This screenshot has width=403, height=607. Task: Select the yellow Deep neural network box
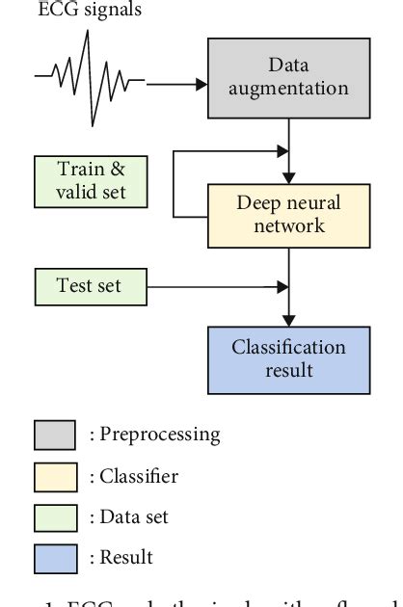pos(289,214)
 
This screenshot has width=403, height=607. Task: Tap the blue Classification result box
pos(289,358)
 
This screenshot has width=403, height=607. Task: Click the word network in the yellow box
pos(289,225)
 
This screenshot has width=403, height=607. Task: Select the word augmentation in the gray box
pos(289,89)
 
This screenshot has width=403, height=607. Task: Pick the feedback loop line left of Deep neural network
pos(173,183)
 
